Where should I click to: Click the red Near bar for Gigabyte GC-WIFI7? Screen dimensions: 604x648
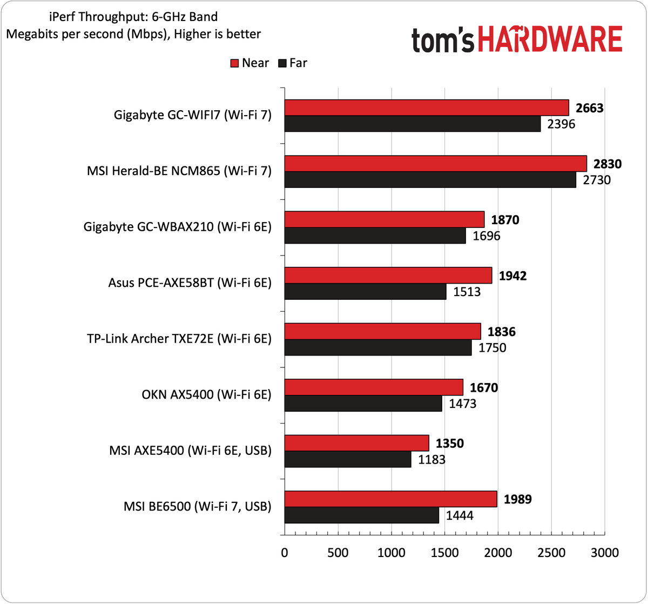(427, 108)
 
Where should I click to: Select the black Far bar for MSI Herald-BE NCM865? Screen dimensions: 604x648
(430, 180)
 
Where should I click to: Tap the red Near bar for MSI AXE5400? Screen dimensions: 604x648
(356, 443)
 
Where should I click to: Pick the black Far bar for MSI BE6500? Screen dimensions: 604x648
(361, 515)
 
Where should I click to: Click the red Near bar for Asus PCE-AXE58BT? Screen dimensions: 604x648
(388, 275)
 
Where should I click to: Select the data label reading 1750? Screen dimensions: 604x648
(490, 348)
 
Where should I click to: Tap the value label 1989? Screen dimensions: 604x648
(517, 499)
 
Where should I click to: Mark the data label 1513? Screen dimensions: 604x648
(464, 292)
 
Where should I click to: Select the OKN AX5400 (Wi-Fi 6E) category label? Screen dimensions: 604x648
(205, 395)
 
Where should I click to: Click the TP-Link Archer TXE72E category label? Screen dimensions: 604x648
(179, 339)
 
